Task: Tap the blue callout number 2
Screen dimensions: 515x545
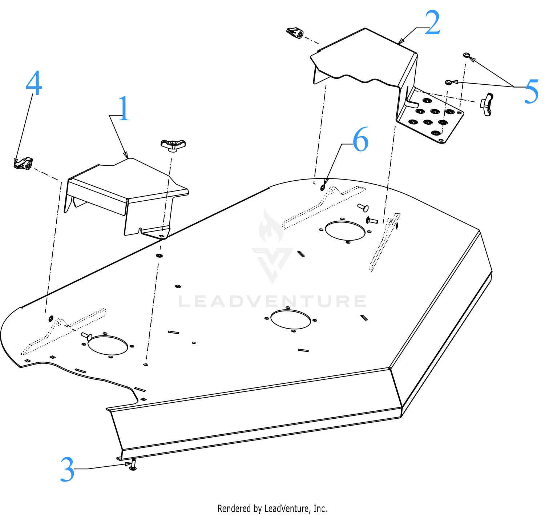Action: click(432, 23)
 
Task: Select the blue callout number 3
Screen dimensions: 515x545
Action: click(67, 469)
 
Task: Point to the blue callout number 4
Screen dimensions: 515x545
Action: click(34, 83)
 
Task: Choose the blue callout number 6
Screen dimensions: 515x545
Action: click(360, 140)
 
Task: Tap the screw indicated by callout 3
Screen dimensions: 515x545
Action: click(133, 465)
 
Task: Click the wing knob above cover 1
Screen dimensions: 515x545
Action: click(173, 145)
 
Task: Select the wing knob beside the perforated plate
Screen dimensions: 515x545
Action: click(487, 104)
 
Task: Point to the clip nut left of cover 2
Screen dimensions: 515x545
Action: click(295, 33)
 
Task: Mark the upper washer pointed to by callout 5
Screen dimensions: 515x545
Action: click(466, 55)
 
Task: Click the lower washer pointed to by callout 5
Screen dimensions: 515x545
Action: click(449, 83)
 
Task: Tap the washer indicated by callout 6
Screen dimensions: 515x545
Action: click(323, 188)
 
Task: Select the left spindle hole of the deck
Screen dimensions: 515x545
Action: click(108, 345)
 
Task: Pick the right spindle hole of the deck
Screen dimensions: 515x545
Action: click(345, 231)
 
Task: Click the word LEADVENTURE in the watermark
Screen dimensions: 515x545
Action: click(272, 302)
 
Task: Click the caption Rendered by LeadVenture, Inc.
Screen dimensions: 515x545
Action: click(272, 508)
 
